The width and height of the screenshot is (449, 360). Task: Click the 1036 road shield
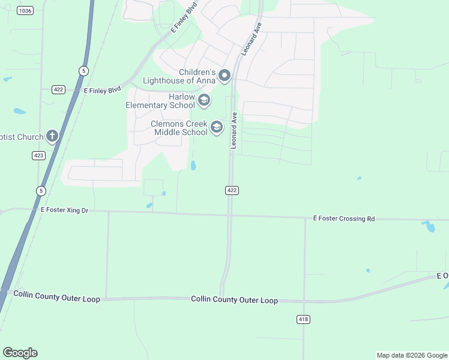point(25,11)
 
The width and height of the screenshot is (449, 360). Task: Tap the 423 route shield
point(39,155)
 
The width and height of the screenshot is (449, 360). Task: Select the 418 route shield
point(303,319)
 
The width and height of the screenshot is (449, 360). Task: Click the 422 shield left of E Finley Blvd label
point(58,89)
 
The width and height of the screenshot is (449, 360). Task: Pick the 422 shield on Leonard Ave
point(232,190)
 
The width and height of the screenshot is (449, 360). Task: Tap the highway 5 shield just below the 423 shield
point(41,191)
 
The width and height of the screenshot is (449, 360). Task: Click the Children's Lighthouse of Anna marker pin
point(224,76)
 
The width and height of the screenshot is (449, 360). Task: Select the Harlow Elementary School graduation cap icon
point(203,100)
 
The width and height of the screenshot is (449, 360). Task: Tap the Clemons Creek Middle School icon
point(216,127)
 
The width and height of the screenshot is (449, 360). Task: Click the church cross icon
point(52,136)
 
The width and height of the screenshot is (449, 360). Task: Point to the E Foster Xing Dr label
point(64,210)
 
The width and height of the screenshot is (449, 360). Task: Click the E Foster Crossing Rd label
point(344,219)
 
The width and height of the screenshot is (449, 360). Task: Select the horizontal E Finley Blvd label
point(102,90)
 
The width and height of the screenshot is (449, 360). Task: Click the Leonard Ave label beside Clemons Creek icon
point(235,131)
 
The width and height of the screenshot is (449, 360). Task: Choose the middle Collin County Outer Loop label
point(234,300)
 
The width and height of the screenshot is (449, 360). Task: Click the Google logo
point(20,353)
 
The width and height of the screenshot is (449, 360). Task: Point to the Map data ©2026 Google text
point(411,355)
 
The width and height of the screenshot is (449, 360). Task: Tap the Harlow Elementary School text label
point(160,101)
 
